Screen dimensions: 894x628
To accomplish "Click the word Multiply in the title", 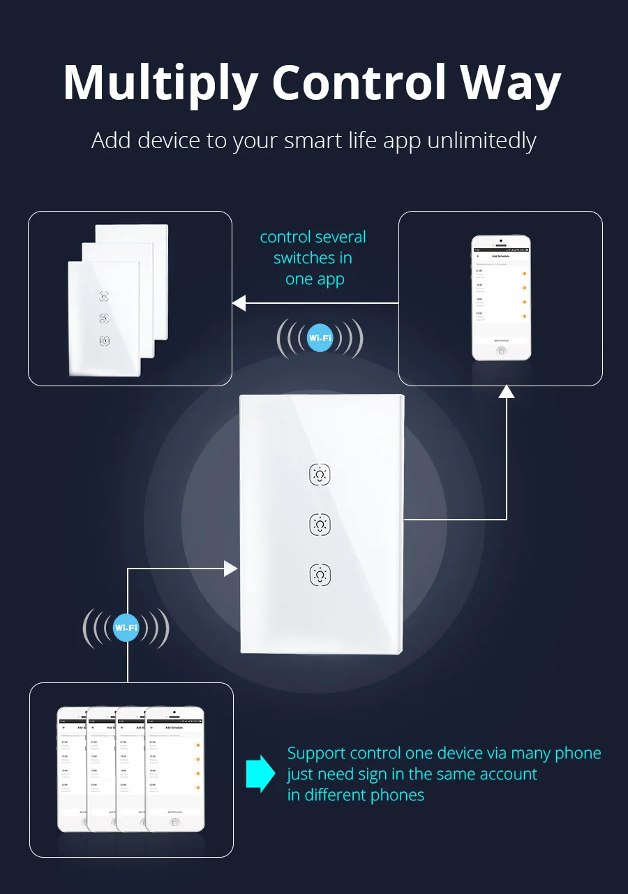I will pyautogui.click(x=160, y=84).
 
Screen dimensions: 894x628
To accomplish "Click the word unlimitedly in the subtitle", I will pyautogui.click(x=481, y=141).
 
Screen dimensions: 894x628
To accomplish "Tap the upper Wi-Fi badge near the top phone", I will pyautogui.click(x=320, y=339).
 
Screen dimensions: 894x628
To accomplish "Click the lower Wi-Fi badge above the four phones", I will pyautogui.click(x=126, y=628).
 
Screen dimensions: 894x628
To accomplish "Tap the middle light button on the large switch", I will pyautogui.click(x=320, y=525).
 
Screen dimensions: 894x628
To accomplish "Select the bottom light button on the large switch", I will pyautogui.click(x=320, y=576).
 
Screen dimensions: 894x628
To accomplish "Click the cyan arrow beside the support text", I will pyautogui.click(x=261, y=773).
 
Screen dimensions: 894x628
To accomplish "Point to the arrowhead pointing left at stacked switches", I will pyautogui.click(x=239, y=303).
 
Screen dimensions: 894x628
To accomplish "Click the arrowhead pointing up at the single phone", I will pyautogui.click(x=507, y=391).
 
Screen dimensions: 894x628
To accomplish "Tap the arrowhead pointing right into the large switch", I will pyautogui.click(x=231, y=569).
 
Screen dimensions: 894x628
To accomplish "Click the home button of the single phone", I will pyautogui.click(x=501, y=351).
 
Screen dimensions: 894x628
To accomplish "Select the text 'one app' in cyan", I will pyautogui.click(x=315, y=279).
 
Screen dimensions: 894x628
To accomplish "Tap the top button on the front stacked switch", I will pyautogui.click(x=104, y=297).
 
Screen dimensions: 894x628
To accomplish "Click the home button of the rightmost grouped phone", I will pyautogui.click(x=174, y=822).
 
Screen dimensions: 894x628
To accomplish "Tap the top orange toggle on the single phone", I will pyautogui.click(x=523, y=274).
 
